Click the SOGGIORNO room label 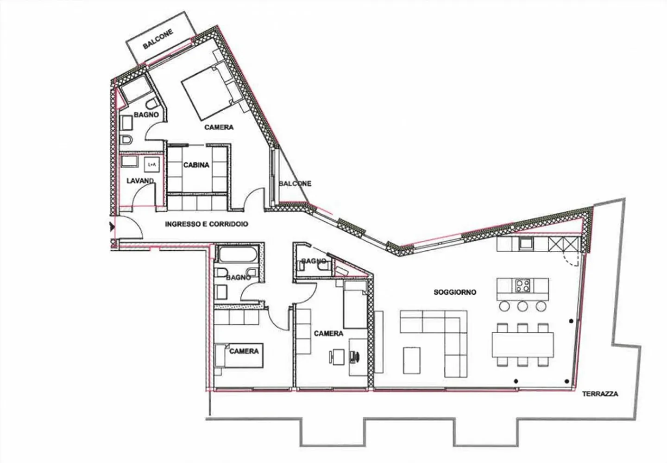(x=455, y=292)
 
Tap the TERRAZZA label (x=600, y=394)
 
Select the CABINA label (x=196, y=165)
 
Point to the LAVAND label (x=140, y=181)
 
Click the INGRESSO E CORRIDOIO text (x=207, y=224)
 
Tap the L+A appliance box (x=151, y=165)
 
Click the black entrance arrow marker (x=112, y=227)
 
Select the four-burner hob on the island (x=523, y=285)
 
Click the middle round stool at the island (x=523, y=306)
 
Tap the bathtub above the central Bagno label (x=237, y=255)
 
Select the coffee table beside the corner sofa (x=412, y=360)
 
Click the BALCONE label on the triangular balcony (x=295, y=184)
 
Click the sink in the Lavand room (x=130, y=161)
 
